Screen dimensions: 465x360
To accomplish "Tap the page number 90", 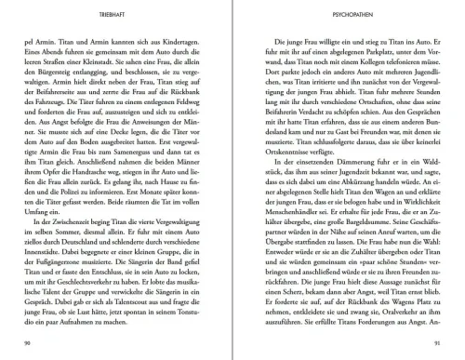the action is pos(34,345).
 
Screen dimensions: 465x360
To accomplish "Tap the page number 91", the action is pos(430,345).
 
